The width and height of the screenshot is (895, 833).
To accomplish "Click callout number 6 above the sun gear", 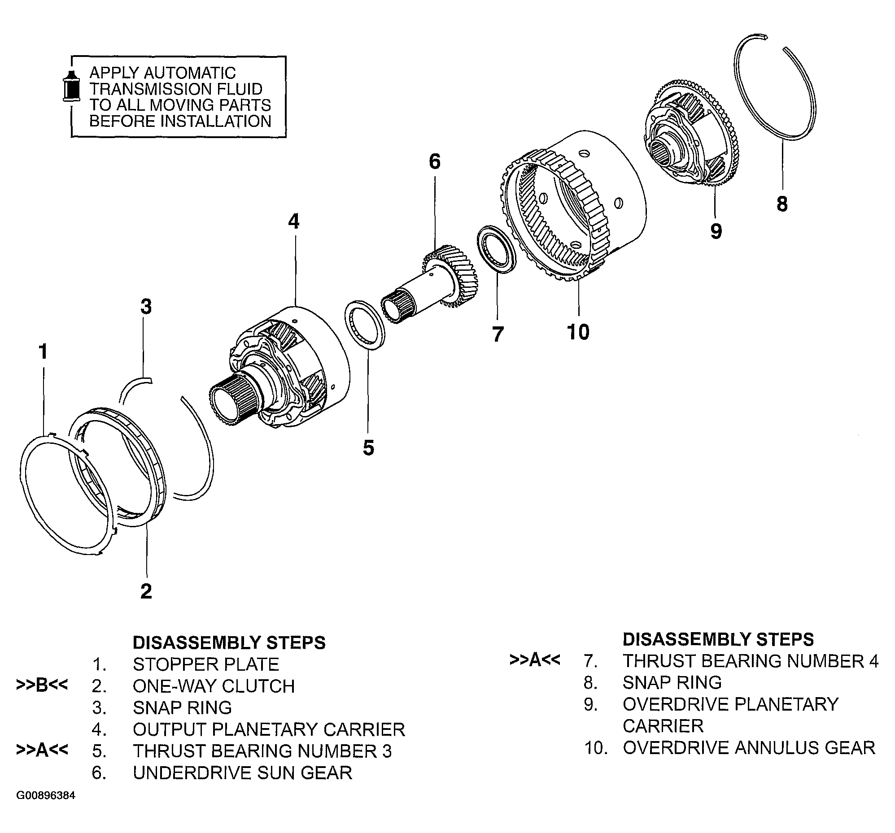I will (x=434, y=161).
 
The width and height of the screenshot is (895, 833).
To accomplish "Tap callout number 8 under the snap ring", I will (x=782, y=204).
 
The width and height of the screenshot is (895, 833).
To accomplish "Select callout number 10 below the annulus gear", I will (x=578, y=332).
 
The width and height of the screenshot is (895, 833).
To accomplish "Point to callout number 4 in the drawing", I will (x=293, y=221).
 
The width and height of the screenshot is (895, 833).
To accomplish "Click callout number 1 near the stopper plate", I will (x=43, y=351).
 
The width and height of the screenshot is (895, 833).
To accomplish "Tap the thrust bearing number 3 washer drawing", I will (x=365, y=324).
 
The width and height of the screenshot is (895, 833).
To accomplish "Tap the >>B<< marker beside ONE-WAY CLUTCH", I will (x=42, y=685).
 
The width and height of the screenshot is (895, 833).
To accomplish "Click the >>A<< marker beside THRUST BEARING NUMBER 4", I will (x=535, y=660).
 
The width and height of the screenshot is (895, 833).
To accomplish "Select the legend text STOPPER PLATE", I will (x=206, y=664).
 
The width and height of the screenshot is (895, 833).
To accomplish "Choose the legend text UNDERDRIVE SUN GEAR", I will (x=242, y=772).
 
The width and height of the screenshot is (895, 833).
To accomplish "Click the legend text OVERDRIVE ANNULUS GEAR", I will (x=749, y=748).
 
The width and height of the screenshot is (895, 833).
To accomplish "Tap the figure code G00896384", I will (x=46, y=796).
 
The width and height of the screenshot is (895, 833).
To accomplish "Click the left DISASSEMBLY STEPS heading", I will (x=229, y=642).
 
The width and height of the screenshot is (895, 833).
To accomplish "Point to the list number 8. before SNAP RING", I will (x=591, y=683).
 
